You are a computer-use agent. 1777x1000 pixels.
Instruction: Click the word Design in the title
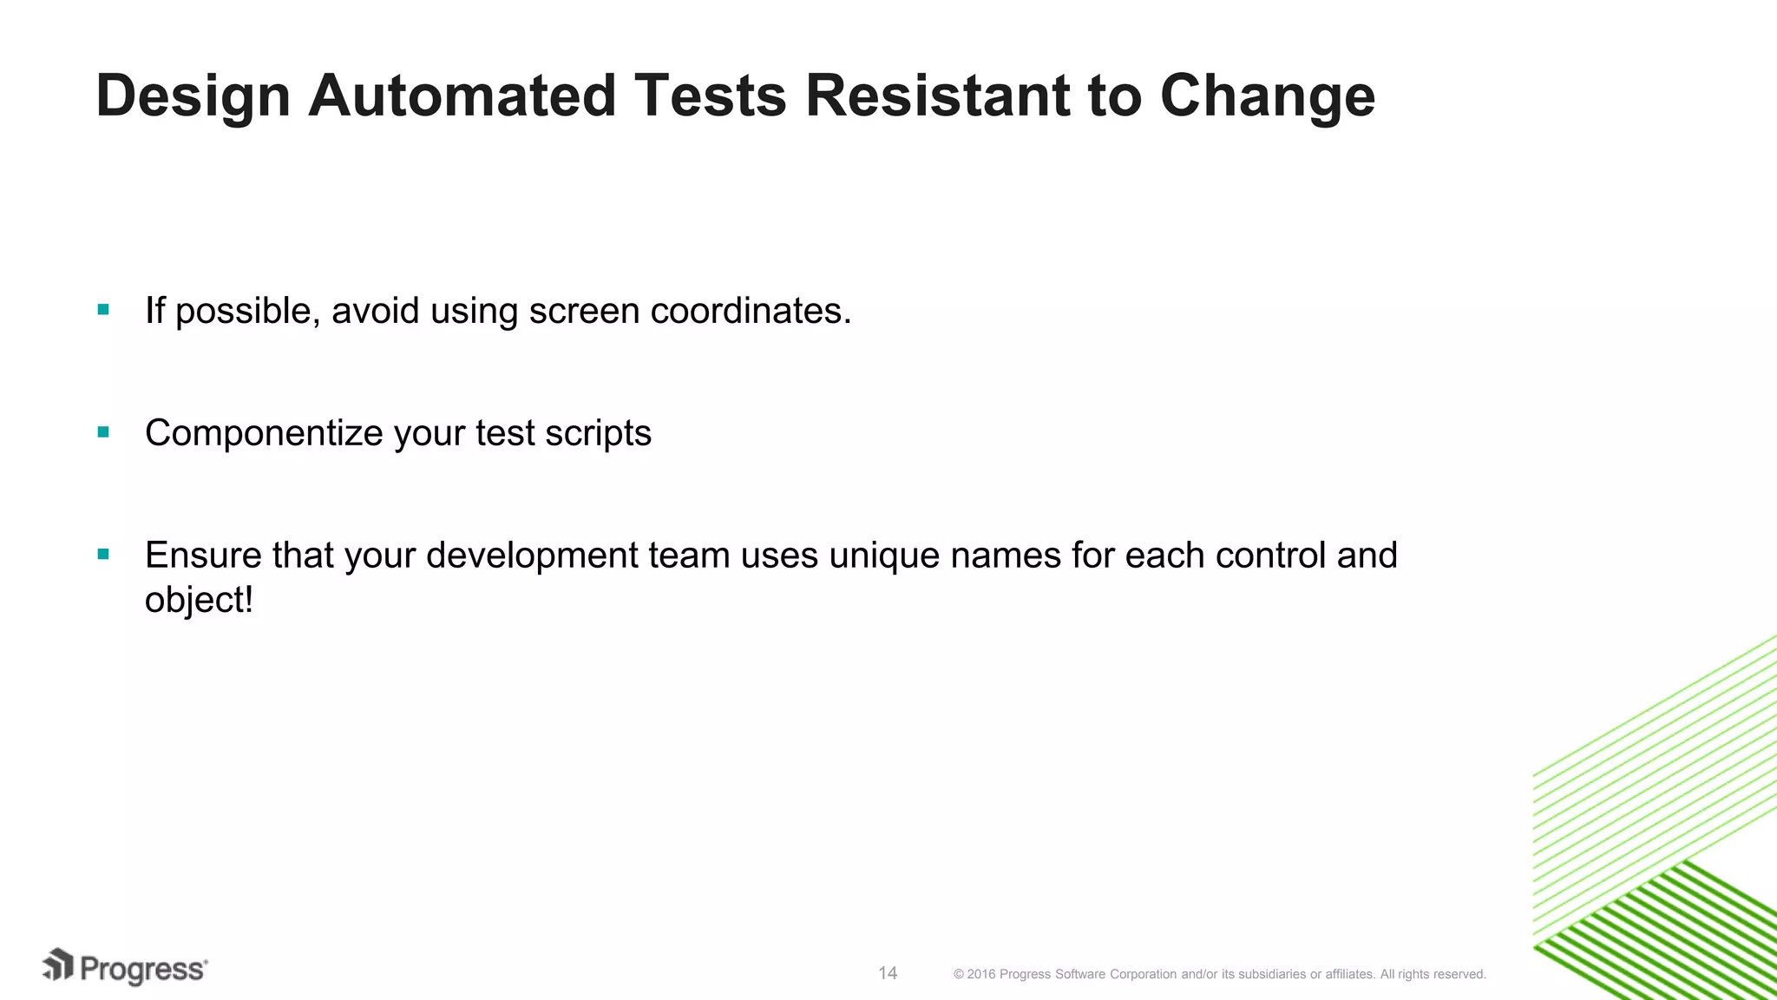[x=193, y=95]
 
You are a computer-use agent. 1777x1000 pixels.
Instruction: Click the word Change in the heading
[x=1267, y=95]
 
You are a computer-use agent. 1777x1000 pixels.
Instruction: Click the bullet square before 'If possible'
[x=104, y=310]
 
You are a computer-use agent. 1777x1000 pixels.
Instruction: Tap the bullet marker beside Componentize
[x=104, y=432]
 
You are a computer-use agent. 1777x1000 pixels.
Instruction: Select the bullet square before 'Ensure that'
[x=104, y=555]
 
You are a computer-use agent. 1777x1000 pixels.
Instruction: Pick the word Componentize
[x=264, y=433]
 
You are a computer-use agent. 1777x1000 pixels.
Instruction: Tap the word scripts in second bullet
[x=598, y=433]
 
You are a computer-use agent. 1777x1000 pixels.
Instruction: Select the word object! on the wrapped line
[x=199, y=601]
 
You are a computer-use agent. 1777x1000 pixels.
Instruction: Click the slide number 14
[x=888, y=973]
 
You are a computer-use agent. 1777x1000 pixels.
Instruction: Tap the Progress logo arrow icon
[x=58, y=966]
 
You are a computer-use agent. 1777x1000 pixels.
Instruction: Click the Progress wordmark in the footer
[x=143, y=970]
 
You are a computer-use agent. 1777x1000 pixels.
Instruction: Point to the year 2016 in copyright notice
[x=981, y=975]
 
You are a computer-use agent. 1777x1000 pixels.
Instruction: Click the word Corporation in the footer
[x=1143, y=975]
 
